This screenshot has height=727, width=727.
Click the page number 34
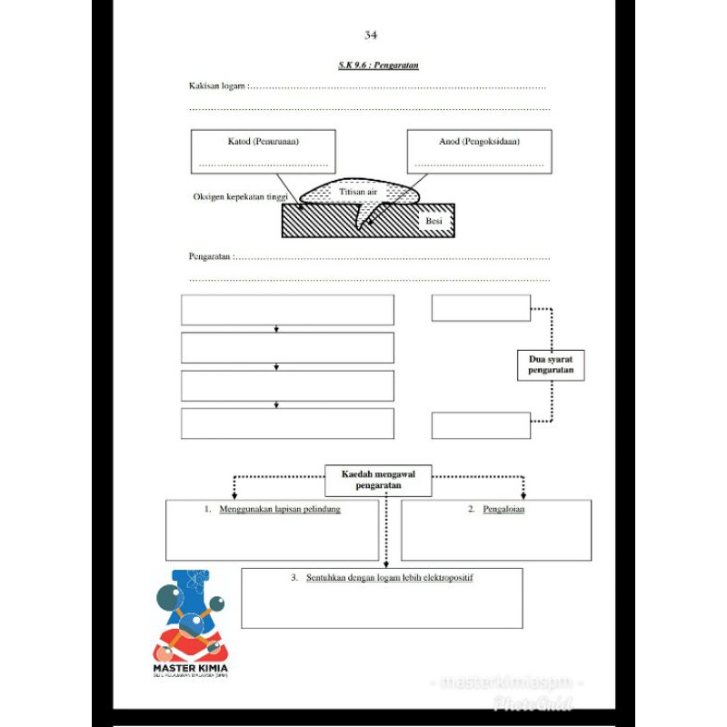click(x=370, y=35)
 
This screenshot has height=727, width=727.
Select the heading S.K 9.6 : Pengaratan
click(x=378, y=65)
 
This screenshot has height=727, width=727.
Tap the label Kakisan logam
click(x=216, y=86)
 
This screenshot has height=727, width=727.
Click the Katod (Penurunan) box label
click(x=263, y=142)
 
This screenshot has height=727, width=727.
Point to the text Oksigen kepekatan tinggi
click(x=240, y=197)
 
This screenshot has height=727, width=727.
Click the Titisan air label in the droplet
click(x=358, y=193)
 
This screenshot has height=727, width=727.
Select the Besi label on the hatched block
click(x=433, y=220)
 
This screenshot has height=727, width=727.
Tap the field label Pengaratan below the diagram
click(x=210, y=256)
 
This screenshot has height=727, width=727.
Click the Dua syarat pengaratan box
click(x=551, y=365)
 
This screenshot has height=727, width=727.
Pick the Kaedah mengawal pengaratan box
click(x=378, y=480)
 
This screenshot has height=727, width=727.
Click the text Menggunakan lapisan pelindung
click(x=280, y=510)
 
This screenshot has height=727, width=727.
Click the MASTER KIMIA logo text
click(x=192, y=674)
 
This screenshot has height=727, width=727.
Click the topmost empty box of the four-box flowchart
click(x=287, y=310)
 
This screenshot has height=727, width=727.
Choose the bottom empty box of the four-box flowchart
click(x=287, y=423)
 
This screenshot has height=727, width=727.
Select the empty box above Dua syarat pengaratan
click(x=481, y=308)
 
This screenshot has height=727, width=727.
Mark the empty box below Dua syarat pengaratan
click(x=481, y=425)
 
